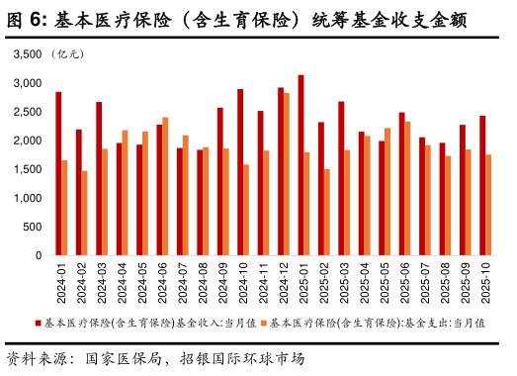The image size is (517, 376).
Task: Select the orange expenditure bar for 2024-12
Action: click(x=287, y=174)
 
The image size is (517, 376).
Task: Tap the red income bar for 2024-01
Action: click(x=58, y=174)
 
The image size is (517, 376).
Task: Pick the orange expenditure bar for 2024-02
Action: click(x=85, y=214)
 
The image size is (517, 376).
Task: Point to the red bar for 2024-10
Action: click(x=240, y=172)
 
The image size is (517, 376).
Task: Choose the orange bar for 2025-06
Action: click(x=407, y=189)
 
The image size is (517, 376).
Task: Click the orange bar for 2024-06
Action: click(x=165, y=187)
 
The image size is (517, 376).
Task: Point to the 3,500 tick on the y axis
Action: click(x=28, y=53)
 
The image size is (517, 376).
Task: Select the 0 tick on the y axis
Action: click(x=39, y=256)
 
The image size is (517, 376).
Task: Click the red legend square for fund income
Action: click(x=39, y=323)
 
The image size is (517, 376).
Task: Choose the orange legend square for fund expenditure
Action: click(x=265, y=323)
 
